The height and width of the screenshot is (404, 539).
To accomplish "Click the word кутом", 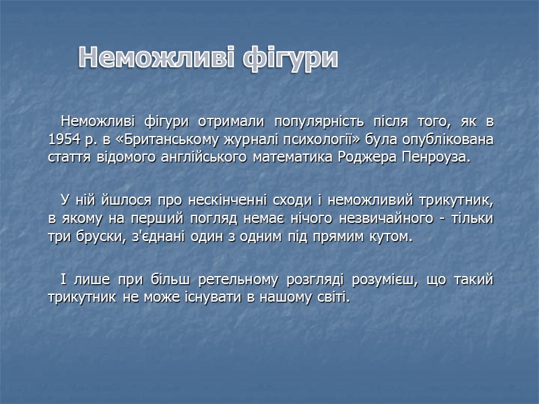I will [391, 238].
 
